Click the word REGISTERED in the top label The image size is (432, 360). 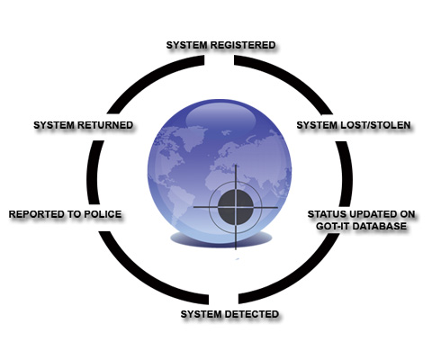[243, 45]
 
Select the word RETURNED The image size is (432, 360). [105, 125]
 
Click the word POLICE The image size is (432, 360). [103, 214]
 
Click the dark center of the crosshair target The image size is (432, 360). [236, 207]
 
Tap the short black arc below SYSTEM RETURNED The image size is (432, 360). [93, 173]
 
